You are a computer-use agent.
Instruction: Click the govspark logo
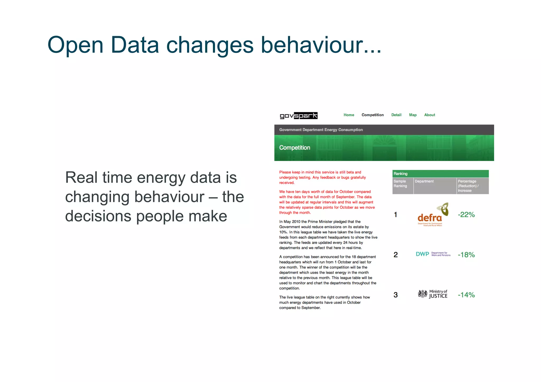point(299,115)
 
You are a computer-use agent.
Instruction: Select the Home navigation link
point(349,115)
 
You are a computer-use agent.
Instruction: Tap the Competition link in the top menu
point(372,115)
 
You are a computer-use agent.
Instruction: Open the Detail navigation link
point(396,115)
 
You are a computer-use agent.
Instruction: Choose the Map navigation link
point(413,115)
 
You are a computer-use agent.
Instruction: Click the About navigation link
point(430,115)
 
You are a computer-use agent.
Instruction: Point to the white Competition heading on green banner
point(295,148)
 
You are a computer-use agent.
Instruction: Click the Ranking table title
point(400,174)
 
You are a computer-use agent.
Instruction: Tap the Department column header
point(424,181)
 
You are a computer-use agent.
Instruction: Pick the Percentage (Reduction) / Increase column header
point(468,186)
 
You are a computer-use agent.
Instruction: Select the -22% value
point(466,215)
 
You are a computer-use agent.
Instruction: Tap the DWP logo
point(433,254)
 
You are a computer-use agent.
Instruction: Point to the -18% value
point(466,255)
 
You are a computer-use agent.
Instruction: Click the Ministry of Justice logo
point(433,294)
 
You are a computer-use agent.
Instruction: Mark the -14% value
point(466,295)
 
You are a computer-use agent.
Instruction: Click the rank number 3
point(395,295)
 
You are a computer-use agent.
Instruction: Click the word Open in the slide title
point(75,45)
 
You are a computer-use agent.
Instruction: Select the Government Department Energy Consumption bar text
point(321,130)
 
